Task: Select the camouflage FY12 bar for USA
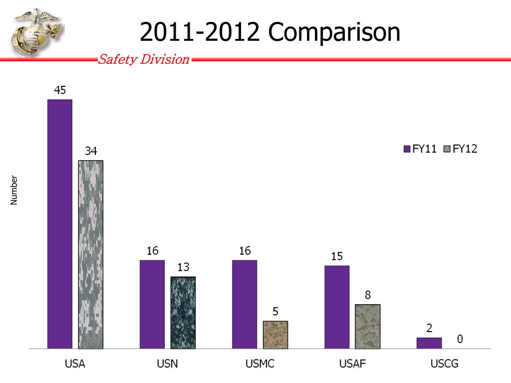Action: [91, 254]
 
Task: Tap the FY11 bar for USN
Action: [152, 304]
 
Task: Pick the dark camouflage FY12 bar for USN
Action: [183, 313]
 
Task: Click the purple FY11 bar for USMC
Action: [245, 304]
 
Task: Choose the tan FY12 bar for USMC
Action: [275, 335]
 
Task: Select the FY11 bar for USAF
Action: [337, 307]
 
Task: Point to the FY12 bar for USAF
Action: [368, 326]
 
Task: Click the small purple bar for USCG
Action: [429, 343]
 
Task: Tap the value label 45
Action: [60, 90]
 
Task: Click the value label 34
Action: [91, 151]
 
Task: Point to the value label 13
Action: [183, 268]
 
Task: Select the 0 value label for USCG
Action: [460, 339]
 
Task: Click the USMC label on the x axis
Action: [260, 364]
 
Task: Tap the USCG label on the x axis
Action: [445, 364]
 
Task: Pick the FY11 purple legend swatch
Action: [407, 149]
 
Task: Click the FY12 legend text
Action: [465, 149]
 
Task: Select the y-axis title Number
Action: [14, 190]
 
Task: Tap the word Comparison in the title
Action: [334, 33]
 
